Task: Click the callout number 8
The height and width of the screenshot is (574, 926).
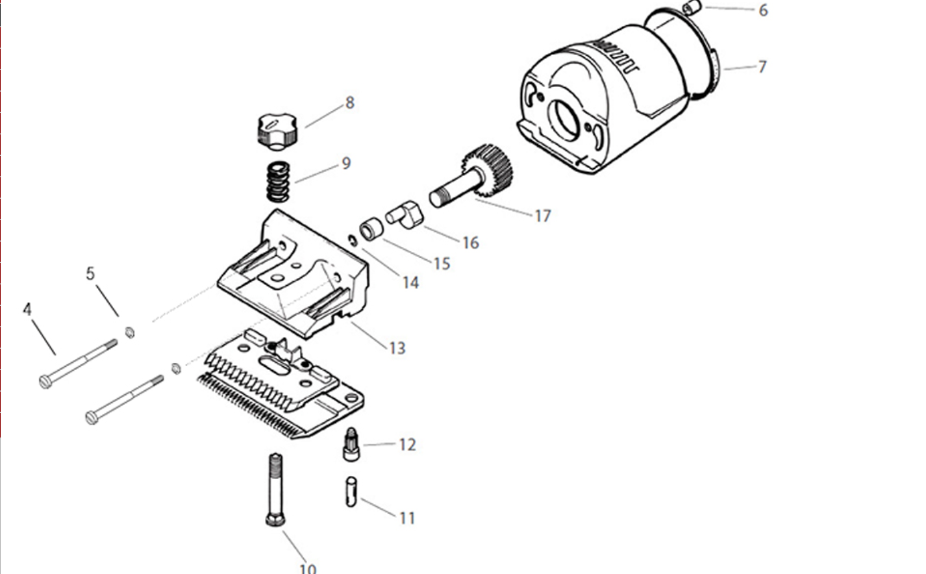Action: (350, 103)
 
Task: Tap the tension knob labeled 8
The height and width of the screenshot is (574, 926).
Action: (277, 131)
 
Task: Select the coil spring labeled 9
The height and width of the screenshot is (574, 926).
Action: (278, 181)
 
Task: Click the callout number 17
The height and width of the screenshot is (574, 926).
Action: (543, 216)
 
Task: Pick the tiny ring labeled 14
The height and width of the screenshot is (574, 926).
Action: (353, 240)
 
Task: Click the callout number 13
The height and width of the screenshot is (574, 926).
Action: (397, 349)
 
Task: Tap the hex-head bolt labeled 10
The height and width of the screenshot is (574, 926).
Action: (275, 490)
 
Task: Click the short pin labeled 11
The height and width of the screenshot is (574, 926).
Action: (351, 492)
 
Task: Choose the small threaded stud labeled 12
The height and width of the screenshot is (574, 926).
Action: (351, 445)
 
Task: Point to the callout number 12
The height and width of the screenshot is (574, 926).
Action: (407, 445)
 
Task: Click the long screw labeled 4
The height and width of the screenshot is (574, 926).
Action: (78, 364)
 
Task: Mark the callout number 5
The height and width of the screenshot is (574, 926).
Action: (90, 273)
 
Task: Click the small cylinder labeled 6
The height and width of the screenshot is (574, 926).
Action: (692, 8)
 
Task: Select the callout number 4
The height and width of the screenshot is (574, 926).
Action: (27, 309)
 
